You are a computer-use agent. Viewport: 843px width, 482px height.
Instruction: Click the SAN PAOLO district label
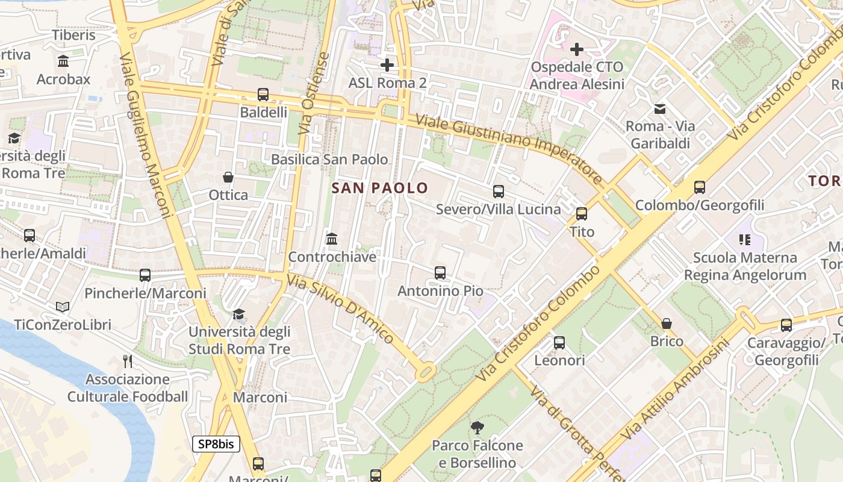[x=379, y=188]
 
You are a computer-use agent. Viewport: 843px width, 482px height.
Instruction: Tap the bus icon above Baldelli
[x=263, y=95]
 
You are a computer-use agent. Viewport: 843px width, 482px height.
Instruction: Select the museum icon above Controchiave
[x=332, y=239]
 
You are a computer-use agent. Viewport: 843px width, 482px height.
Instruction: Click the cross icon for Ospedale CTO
[x=577, y=49]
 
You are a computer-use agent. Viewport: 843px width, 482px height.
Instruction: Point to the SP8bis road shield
[x=216, y=445]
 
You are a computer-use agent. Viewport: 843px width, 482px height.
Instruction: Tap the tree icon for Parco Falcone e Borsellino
[x=477, y=428]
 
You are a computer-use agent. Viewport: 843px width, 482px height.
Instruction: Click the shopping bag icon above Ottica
[x=228, y=177]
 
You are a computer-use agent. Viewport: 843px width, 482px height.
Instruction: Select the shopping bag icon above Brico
[x=667, y=324]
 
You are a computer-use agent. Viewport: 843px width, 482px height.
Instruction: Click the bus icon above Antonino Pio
[x=440, y=273]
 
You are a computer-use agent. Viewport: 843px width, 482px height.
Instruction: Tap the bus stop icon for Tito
[x=582, y=214]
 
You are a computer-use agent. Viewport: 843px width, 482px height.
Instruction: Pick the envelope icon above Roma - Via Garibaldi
[x=660, y=109]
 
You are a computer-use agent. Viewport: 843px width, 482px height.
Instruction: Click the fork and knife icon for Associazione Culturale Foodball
[x=128, y=361]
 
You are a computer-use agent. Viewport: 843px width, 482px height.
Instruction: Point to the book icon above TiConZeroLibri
[x=63, y=307]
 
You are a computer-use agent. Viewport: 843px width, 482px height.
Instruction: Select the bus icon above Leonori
[x=559, y=343]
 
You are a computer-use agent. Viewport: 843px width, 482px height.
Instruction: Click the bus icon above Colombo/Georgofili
[x=700, y=187]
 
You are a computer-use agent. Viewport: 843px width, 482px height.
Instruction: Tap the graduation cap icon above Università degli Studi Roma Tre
[x=239, y=314]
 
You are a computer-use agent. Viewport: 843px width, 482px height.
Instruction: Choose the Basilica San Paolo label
[x=329, y=160]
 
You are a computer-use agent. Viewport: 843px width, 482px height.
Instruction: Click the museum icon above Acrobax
[x=63, y=61]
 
